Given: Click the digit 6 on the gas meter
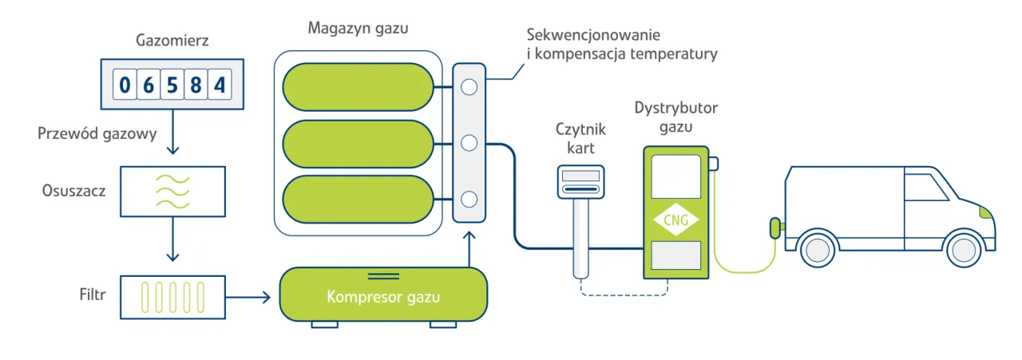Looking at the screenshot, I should coord(148,84).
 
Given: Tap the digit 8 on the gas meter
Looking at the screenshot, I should coord(196,84).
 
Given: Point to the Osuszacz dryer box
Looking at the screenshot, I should coord(172,192).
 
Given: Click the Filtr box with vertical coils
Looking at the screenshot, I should coord(172,298).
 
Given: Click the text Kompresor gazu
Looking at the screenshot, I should coord(382,298).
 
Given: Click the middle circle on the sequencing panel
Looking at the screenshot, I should coord(469,143).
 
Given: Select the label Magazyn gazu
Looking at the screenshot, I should coord(358,29).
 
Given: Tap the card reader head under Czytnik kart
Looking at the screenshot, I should coord(581,182).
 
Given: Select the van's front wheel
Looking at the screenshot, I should coord(963,248).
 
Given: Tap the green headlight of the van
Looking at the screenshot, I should coord(986,212).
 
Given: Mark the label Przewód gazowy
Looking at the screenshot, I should coord(97,133).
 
